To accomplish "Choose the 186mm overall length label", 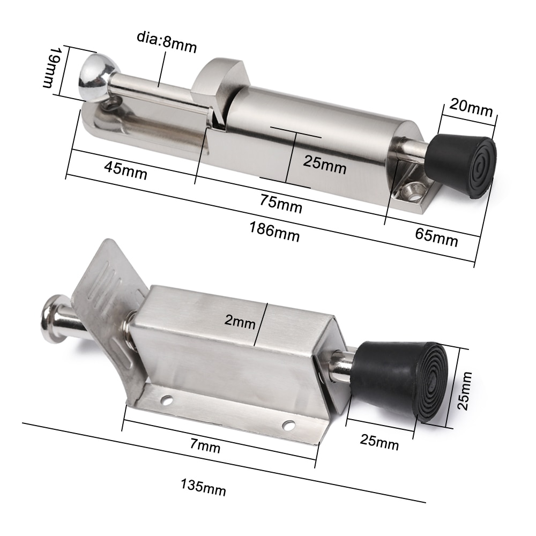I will (274, 232).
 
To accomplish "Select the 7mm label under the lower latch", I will (205, 446).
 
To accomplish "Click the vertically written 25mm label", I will (465, 390).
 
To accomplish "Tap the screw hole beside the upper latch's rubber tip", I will (412, 190).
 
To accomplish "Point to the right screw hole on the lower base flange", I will (289, 426).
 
